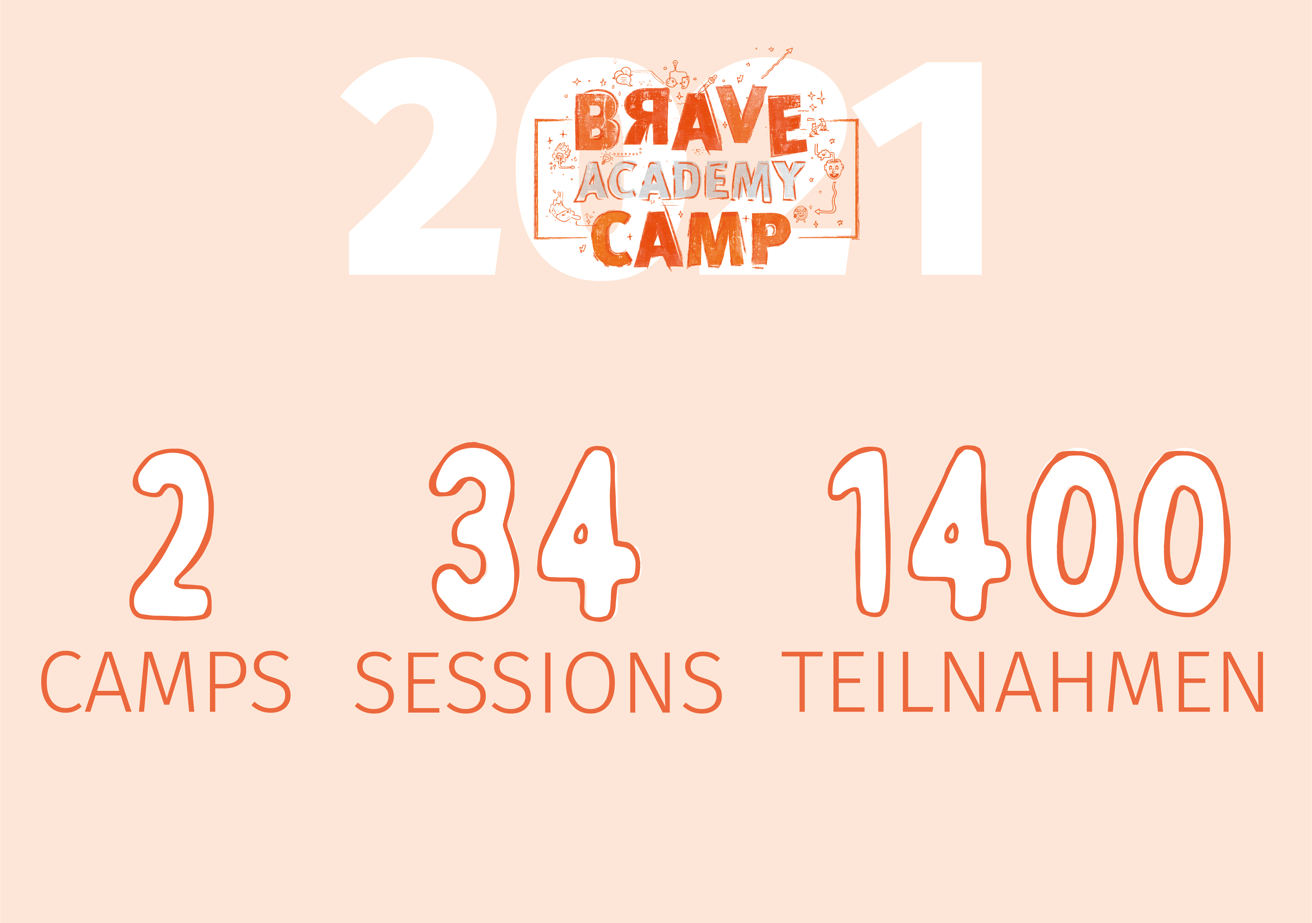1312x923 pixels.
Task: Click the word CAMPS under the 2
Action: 166,682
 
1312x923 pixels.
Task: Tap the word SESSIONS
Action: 539,682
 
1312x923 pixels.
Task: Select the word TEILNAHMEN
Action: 1023,682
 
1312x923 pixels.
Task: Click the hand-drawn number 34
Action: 534,532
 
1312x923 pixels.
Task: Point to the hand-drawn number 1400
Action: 1029,532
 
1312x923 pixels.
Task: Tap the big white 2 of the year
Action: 423,166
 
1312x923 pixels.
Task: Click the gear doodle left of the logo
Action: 562,155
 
